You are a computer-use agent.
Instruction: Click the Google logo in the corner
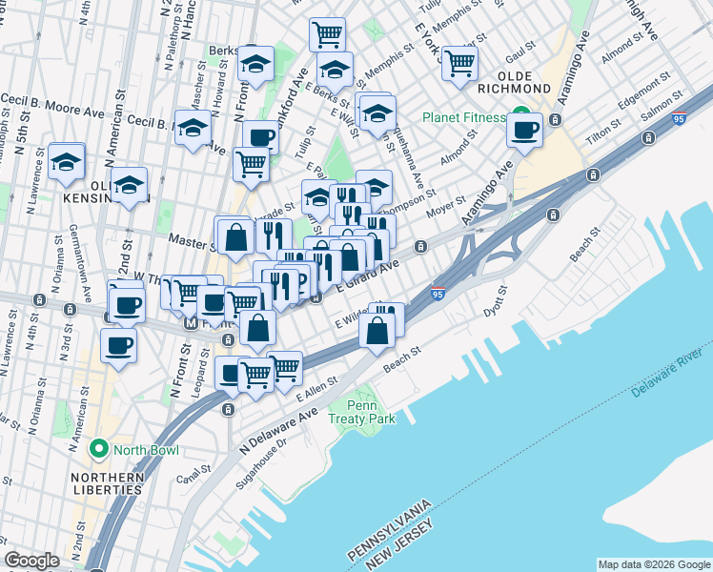31,561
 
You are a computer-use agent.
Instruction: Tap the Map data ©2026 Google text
653,564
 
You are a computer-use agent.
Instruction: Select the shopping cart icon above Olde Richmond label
459,64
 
